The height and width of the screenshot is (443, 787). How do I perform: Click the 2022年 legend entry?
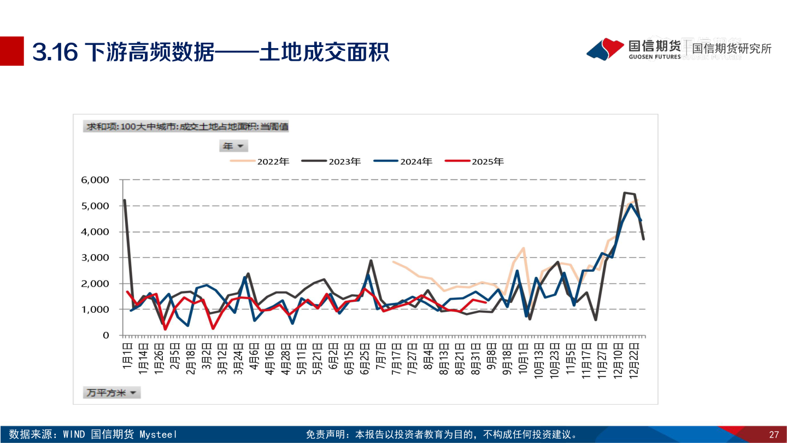[260, 161]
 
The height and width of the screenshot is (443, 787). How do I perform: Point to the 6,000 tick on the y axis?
[95, 180]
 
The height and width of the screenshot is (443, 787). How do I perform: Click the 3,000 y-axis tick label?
[95, 258]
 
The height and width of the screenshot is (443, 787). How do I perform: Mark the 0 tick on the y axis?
[106, 335]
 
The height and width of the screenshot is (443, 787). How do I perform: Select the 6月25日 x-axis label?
[365, 358]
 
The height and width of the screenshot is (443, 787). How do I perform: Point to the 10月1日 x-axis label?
[524, 358]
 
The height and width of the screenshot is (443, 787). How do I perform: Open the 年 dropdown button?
[233, 146]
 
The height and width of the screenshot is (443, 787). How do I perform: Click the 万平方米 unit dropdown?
[112, 393]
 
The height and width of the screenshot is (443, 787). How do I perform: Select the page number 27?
[773, 435]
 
